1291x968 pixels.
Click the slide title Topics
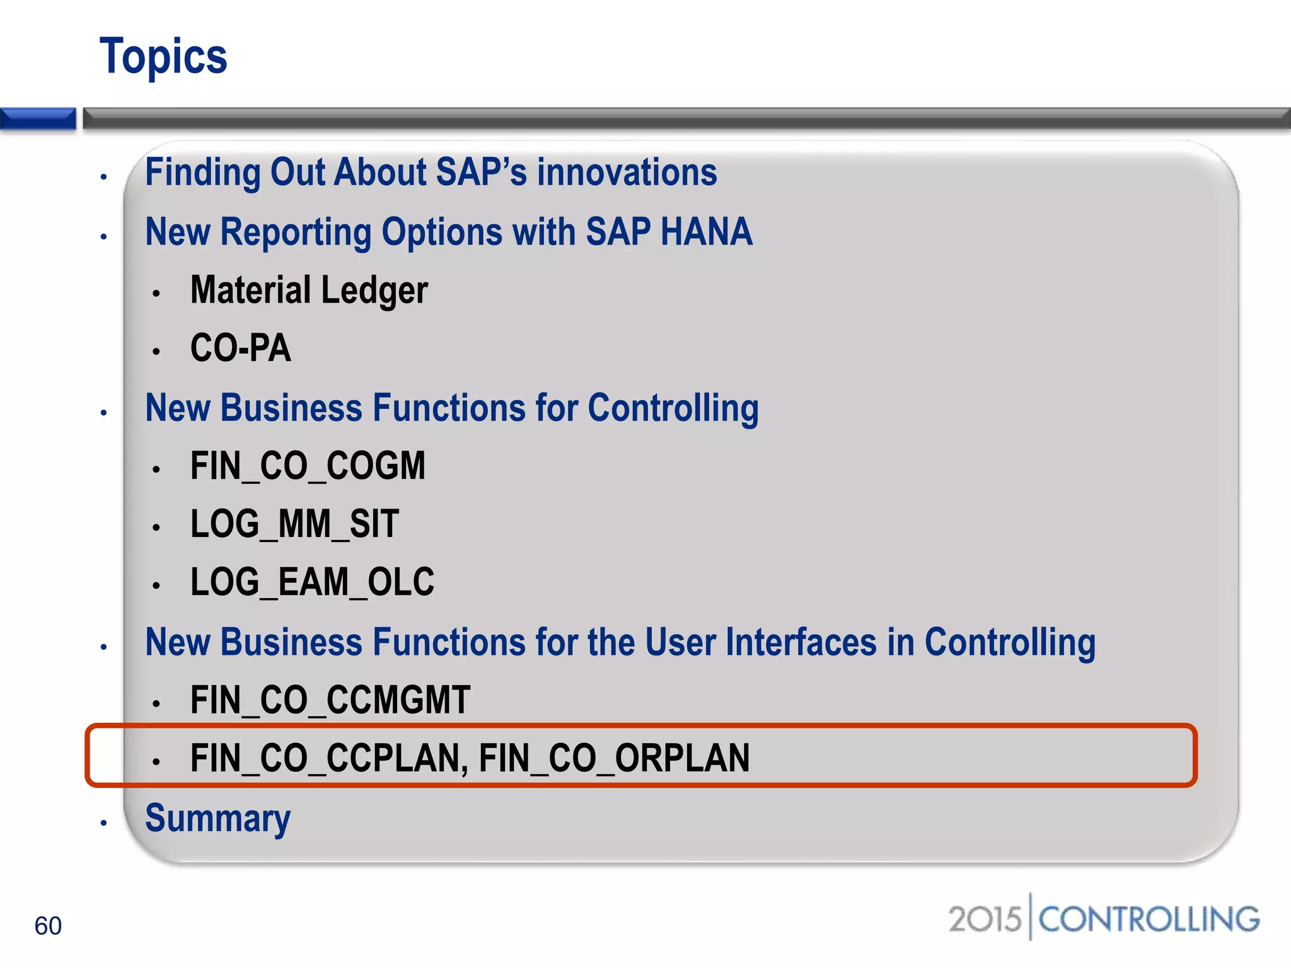(163, 57)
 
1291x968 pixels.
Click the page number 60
(48, 926)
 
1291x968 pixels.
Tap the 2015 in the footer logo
(984, 919)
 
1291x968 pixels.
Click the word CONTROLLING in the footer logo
(1149, 919)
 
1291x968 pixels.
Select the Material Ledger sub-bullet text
(309, 291)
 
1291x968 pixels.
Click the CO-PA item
(240, 348)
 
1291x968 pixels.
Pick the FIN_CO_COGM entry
(308, 466)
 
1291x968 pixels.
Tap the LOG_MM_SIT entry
(294, 524)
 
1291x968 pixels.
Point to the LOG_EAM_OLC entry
(312, 582)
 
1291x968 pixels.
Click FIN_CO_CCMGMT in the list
(330, 700)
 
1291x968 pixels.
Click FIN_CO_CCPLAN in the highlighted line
(328, 758)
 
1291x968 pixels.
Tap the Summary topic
(217, 818)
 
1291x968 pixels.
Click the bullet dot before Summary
(104, 823)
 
